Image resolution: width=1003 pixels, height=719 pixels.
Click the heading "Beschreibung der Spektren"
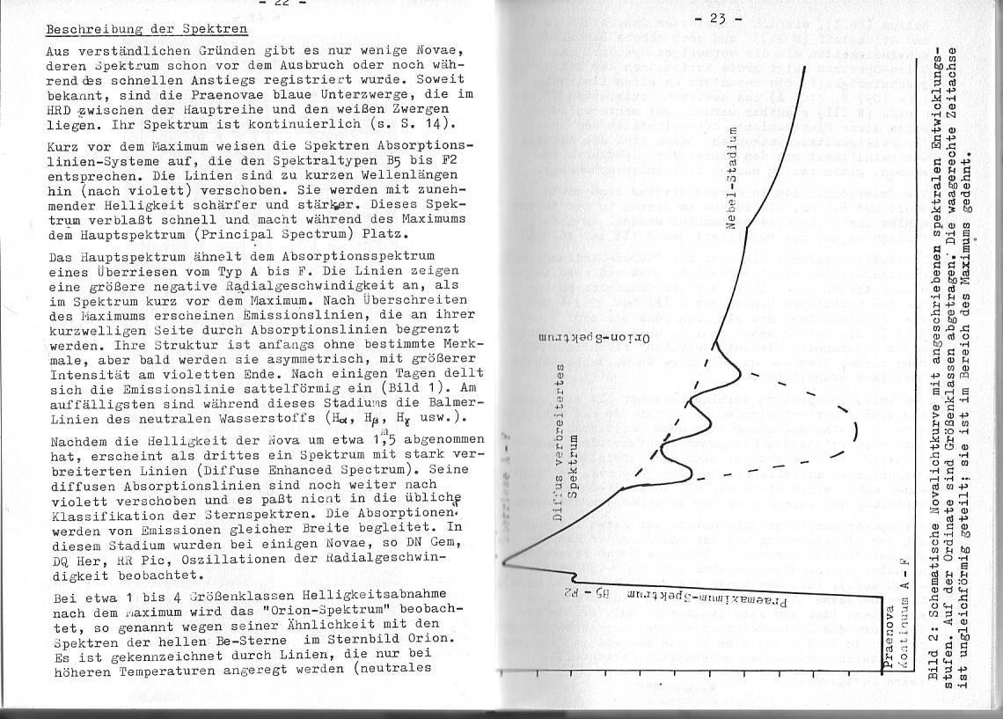point(146,28)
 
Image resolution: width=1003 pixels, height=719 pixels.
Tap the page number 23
point(717,18)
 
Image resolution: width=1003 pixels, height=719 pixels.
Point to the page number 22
point(281,4)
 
